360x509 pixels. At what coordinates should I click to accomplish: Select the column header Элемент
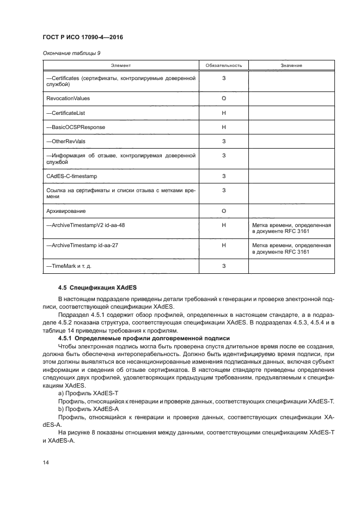click(x=120, y=66)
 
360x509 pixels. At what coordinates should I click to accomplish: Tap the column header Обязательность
click(x=223, y=66)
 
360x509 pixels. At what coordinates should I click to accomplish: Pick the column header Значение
click(x=291, y=66)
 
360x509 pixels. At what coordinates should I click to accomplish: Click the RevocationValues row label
click(x=68, y=99)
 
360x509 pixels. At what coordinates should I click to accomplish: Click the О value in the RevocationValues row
click(x=224, y=99)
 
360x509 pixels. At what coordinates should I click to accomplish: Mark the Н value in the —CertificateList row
click(x=224, y=113)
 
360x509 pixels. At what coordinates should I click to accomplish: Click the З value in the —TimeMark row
click(x=224, y=266)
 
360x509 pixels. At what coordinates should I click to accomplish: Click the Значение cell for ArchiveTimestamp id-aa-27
click(x=291, y=249)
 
